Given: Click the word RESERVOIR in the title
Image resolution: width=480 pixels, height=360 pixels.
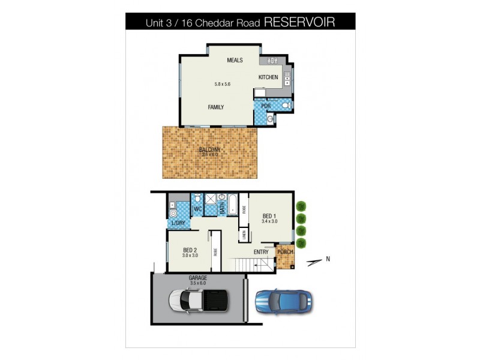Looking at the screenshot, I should click(299, 22).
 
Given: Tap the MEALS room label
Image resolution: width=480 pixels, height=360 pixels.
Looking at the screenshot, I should click(234, 61).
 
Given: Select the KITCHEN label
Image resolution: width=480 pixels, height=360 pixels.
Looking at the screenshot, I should click(268, 77).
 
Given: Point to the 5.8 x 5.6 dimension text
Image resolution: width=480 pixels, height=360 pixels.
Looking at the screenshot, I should click(223, 83).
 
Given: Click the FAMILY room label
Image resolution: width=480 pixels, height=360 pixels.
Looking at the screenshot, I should click(216, 107).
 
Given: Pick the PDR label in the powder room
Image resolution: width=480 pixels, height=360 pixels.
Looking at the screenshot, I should click(265, 106).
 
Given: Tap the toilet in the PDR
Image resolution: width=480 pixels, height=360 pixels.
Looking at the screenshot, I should click(286, 106).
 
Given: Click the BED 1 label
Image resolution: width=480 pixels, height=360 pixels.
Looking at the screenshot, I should click(270, 216).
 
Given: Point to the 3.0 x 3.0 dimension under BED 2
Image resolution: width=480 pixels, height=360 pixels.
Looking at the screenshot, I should click(190, 256).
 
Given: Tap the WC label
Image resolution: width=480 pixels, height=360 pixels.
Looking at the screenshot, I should click(197, 209).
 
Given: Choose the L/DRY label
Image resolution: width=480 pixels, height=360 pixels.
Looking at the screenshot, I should click(179, 224).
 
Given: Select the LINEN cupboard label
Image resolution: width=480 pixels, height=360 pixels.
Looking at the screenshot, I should click(244, 235).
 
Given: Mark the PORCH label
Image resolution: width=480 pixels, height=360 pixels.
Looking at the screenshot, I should click(286, 251).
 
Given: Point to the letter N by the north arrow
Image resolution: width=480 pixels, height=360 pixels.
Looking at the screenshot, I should click(328, 260).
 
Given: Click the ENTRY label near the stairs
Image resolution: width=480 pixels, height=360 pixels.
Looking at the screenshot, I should click(261, 252).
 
